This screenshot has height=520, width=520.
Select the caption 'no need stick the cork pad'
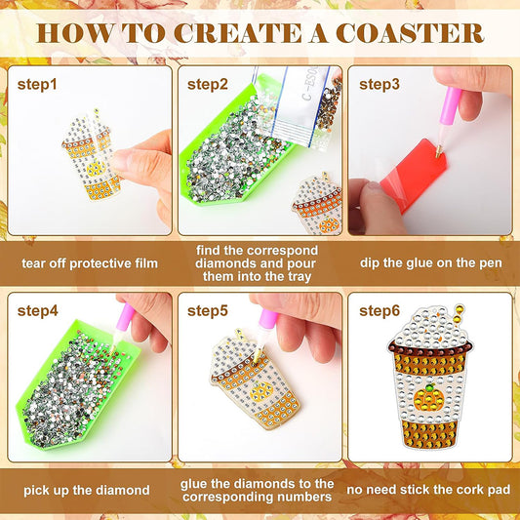tap(430, 490)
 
